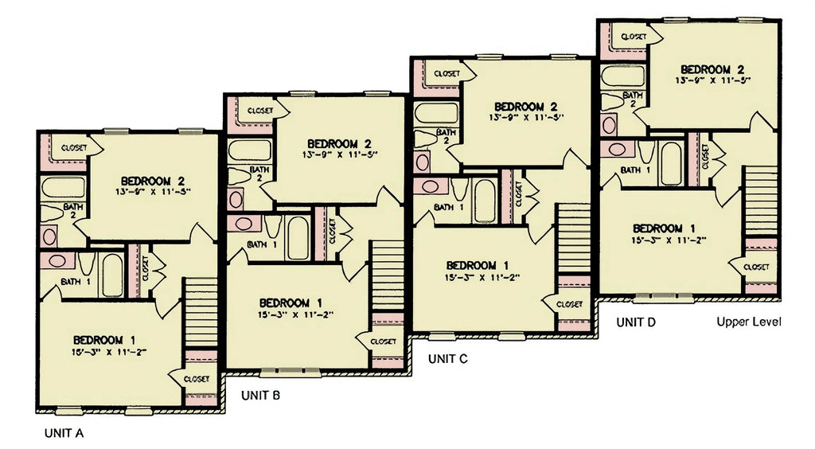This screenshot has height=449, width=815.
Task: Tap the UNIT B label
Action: (260, 395)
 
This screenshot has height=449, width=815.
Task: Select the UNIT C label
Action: (448, 358)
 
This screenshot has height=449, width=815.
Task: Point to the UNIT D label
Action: (637, 322)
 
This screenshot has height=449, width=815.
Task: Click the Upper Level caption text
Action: (748, 322)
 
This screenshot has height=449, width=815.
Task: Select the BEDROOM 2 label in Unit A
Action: (153, 180)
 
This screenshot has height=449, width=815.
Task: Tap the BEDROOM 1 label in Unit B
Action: (291, 303)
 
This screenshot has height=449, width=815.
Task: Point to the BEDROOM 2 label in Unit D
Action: (712, 68)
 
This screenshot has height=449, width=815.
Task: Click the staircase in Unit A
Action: (201, 312)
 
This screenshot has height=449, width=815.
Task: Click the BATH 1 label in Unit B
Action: (262, 244)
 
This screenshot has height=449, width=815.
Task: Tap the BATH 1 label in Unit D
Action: (635, 170)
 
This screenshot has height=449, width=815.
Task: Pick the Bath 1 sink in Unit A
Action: (58, 261)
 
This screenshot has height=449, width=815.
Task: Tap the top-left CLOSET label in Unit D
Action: (633, 37)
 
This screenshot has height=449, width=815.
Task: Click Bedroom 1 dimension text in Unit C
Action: (482, 277)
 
